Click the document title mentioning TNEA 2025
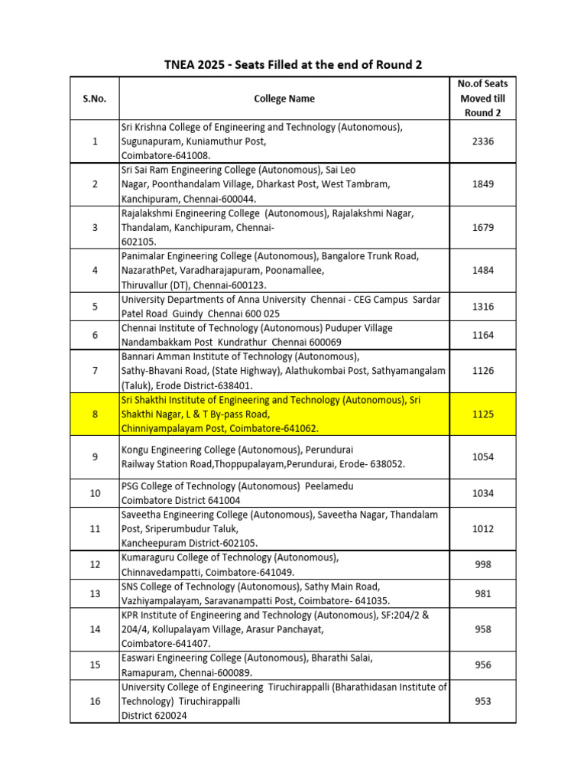[x=293, y=64]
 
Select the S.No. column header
[x=95, y=99]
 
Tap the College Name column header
[x=284, y=99]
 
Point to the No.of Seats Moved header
[x=482, y=98]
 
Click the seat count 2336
[x=483, y=141]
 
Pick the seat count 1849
[x=483, y=184]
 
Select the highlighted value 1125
[x=483, y=414]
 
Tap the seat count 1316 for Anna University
[x=483, y=307]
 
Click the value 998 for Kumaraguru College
[x=483, y=564]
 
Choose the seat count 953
[x=483, y=701]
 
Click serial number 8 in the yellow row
[x=95, y=414]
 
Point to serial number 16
[x=95, y=701]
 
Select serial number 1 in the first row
[x=95, y=141]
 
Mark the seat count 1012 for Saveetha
[x=483, y=528]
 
